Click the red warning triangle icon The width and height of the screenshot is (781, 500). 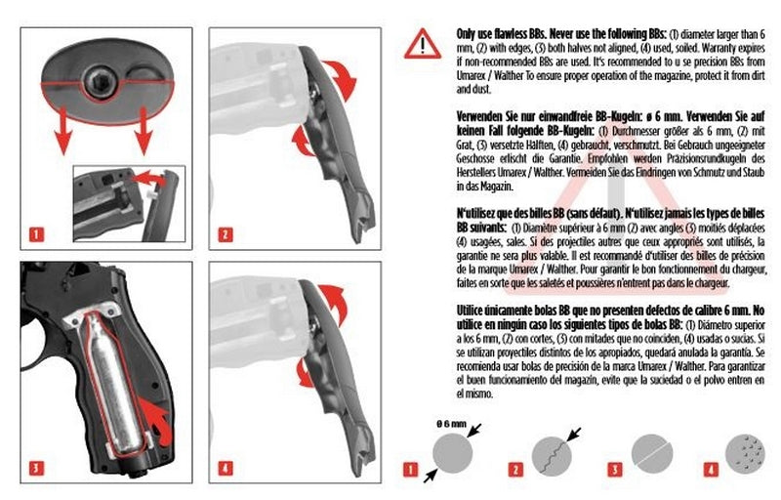423,43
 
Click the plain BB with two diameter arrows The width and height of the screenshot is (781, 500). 453,455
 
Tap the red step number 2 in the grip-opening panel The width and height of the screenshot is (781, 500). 226,234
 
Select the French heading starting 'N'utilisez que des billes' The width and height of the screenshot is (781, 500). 547,211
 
